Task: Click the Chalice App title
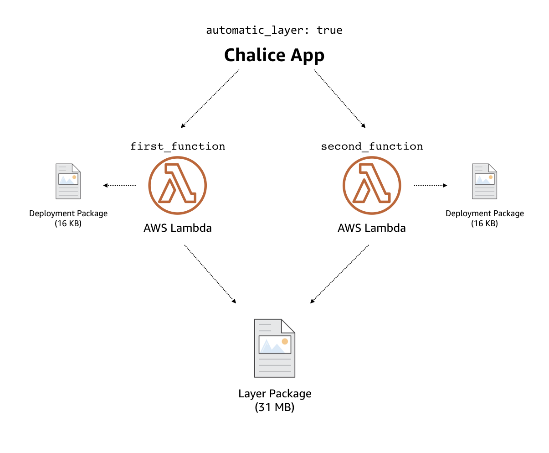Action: pos(274,55)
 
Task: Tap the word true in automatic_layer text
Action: pos(329,30)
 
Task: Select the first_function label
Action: pos(178,146)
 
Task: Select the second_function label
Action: pos(372,146)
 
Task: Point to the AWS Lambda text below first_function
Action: pos(178,228)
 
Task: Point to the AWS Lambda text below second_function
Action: pos(372,228)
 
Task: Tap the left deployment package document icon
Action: pos(68,182)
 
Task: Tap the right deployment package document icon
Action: pos(485,182)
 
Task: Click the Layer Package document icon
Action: pos(274,348)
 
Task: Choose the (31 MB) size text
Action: pos(274,407)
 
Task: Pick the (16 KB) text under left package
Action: pos(68,224)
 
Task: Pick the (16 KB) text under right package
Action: pos(485,224)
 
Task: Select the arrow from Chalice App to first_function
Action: pos(210,99)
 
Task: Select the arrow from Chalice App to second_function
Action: pos(340,99)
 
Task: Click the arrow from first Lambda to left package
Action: pos(120,185)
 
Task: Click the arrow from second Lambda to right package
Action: pos(431,185)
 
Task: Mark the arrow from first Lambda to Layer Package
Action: pos(210,274)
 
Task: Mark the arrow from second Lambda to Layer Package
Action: pos(339,274)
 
